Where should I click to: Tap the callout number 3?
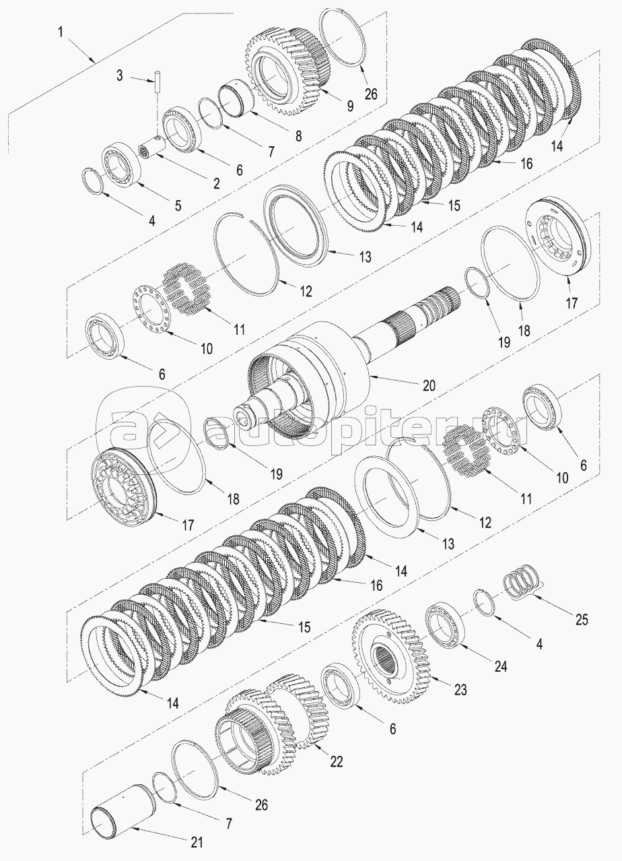pos(119,75)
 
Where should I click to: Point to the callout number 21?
pos(196,841)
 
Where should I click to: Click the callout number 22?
pos(337,761)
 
